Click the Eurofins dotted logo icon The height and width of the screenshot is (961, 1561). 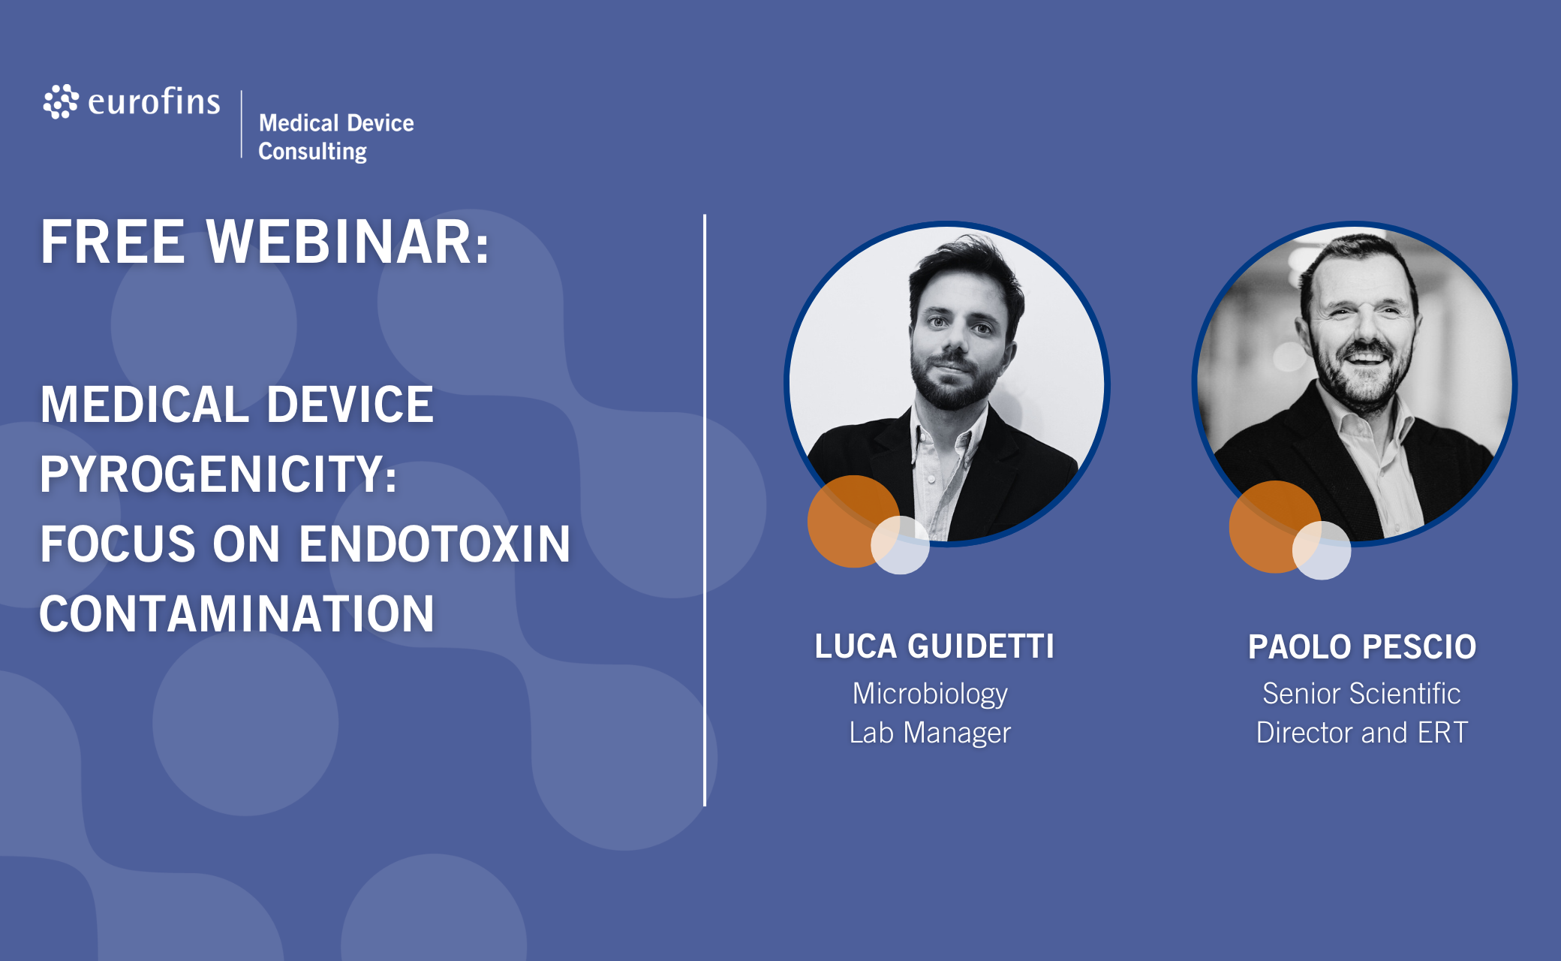(x=61, y=101)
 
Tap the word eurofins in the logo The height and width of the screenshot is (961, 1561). (x=154, y=101)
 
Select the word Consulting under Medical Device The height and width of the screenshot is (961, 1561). (x=312, y=151)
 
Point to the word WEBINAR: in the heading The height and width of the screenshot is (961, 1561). (x=348, y=242)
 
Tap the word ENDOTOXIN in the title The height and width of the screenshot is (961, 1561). (x=435, y=544)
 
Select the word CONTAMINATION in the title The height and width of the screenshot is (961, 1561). (x=237, y=613)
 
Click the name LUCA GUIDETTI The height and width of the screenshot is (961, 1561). (x=934, y=646)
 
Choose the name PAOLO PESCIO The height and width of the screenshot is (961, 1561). (x=1362, y=646)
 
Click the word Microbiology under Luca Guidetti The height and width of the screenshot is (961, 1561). (x=930, y=694)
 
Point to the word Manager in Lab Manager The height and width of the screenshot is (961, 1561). (x=957, y=733)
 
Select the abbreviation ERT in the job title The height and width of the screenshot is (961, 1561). (x=1442, y=733)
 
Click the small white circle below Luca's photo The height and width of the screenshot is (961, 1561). (x=901, y=545)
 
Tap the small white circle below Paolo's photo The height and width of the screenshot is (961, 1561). (x=1322, y=550)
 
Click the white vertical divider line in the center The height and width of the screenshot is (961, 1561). (x=705, y=511)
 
